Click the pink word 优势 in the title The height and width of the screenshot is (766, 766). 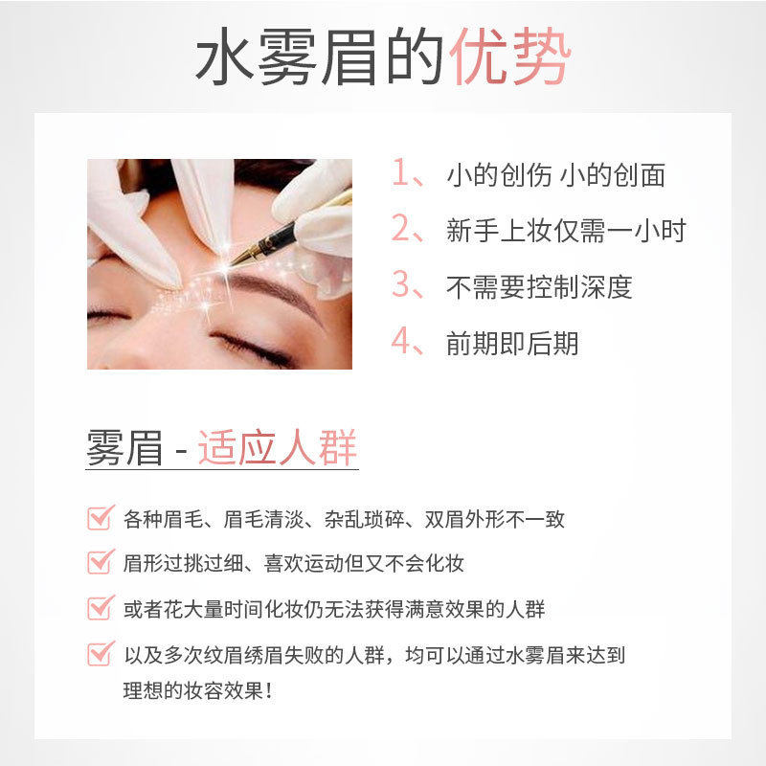click(510, 56)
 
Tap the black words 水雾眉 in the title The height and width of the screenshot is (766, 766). click(285, 56)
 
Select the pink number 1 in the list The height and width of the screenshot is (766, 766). click(400, 172)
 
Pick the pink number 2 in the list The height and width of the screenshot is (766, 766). click(401, 228)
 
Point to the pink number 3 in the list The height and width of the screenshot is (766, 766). click(401, 283)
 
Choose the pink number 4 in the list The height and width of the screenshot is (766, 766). click(401, 340)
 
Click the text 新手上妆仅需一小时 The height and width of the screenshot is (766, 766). click(566, 230)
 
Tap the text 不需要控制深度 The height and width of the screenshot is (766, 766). click(539, 286)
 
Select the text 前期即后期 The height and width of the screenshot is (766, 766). click(512, 343)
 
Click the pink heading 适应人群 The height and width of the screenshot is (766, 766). click(278, 447)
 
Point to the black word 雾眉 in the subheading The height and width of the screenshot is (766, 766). click(124, 447)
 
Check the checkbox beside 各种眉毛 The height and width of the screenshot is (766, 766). click(101, 518)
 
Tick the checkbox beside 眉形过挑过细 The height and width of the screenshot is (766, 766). click(101, 562)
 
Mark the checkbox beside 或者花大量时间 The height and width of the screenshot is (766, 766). click(101, 608)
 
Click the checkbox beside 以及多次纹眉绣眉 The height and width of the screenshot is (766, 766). click(101, 654)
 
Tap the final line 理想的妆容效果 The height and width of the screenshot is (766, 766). click(198, 690)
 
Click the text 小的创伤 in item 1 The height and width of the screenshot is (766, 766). click(499, 174)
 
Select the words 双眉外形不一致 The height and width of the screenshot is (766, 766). click(494, 519)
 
